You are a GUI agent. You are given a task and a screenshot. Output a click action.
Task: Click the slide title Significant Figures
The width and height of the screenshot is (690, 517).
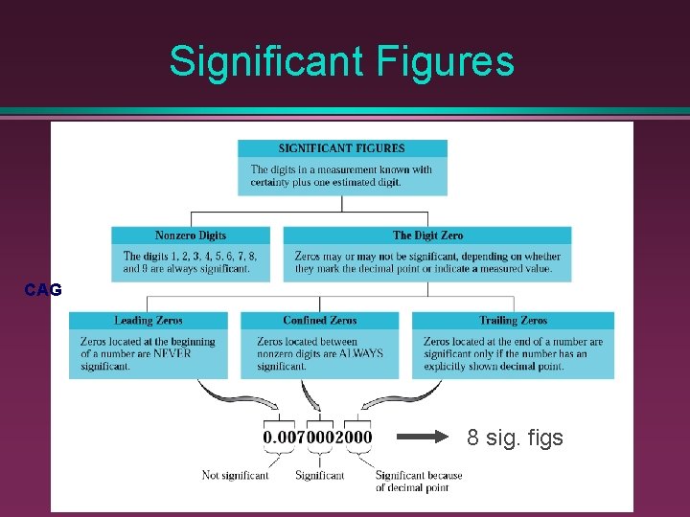tap(341, 62)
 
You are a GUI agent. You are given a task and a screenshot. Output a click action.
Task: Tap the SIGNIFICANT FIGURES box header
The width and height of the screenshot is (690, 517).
tap(341, 148)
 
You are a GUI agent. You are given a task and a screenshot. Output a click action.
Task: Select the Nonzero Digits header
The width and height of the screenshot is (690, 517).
tap(191, 236)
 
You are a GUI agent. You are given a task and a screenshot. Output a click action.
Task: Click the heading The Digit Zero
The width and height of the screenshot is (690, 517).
tap(427, 236)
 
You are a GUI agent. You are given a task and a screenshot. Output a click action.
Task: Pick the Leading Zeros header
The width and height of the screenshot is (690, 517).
tap(149, 321)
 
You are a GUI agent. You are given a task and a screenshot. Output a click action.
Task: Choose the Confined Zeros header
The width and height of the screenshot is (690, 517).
tap(320, 321)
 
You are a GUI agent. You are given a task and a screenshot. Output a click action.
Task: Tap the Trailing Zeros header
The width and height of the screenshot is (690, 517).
tap(513, 321)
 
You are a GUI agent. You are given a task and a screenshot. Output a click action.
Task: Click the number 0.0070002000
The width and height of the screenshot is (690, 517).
tap(317, 438)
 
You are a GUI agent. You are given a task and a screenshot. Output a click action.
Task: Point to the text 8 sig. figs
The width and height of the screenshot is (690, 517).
tap(516, 438)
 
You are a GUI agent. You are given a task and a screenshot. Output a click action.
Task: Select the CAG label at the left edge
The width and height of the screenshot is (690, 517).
tap(43, 290)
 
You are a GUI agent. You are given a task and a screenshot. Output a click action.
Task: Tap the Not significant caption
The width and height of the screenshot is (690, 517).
tap(235, 475)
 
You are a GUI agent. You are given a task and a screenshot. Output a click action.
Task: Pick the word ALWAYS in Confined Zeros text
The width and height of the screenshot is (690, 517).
tap(360, 353)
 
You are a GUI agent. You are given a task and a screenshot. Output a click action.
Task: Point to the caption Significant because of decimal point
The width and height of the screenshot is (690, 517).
tap(418, 482)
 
